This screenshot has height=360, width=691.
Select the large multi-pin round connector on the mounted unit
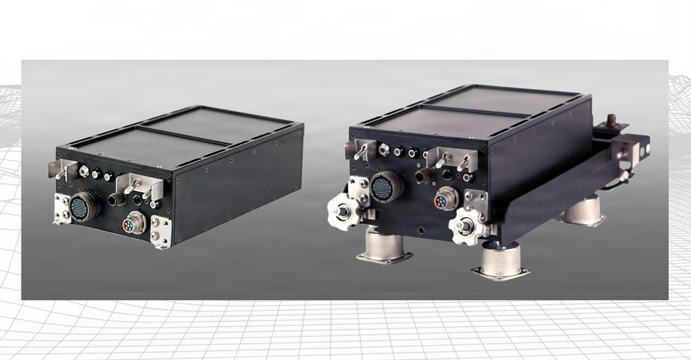pos(384,186)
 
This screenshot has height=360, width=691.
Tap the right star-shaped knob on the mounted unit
pos(464,226)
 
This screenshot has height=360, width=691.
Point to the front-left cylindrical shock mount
pos(384,248)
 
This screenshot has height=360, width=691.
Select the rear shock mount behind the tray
pos(584,210)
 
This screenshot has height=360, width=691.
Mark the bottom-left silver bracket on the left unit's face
pos(61,209)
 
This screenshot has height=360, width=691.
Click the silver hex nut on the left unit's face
pos(84,169)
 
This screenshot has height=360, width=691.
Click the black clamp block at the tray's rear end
pos(636,146)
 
